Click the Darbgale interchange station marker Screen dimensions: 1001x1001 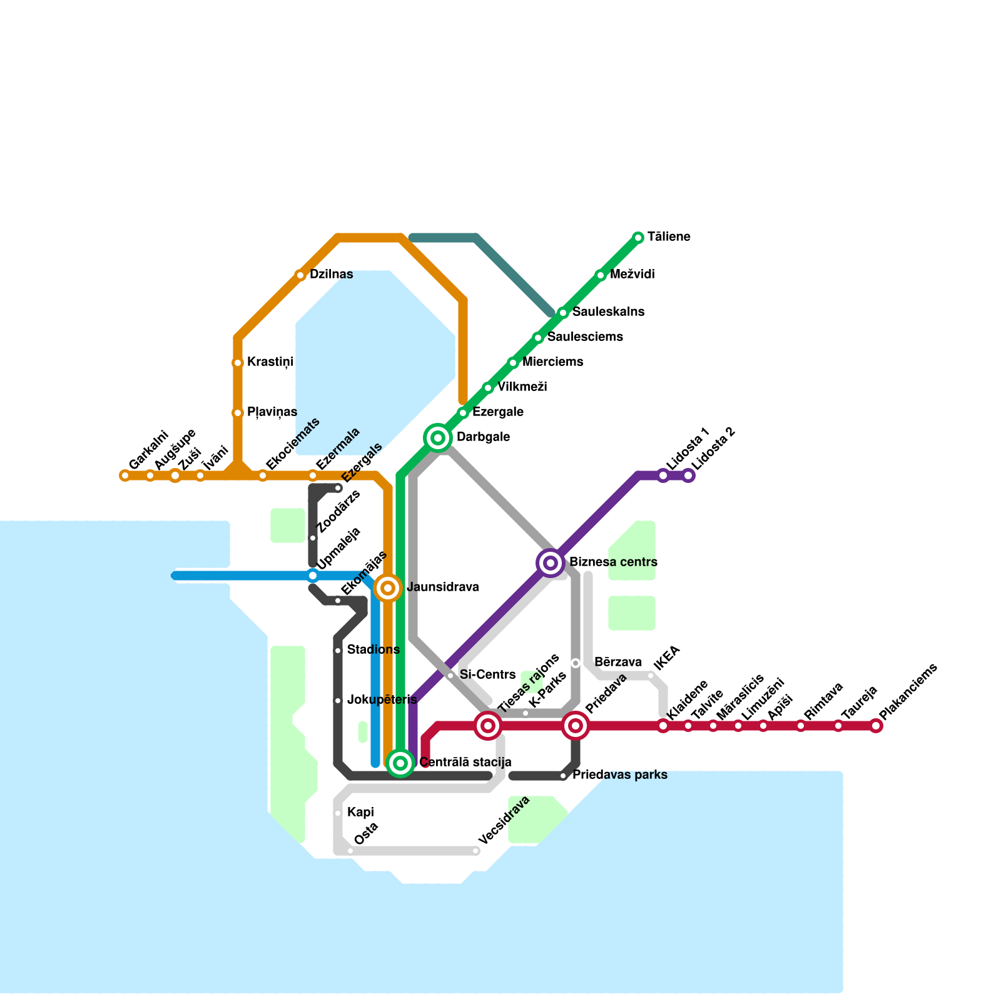pyautogui.click(x=438, y=437)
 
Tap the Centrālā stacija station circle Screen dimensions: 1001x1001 pyautogui.click(x=400, y=763)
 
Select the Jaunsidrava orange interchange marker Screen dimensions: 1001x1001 pyautogui.click(x=388, y=588)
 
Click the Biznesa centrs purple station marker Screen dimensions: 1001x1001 pyautogui.click(x=551, y=563)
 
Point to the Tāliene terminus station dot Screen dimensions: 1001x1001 pyautogui.click(x=638, y=237)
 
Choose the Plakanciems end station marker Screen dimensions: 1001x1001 pyautogui.click(x=876, y=726)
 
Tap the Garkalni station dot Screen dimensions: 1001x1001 pyautogui.click(x=124, y=475)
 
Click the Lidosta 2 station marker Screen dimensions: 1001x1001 pyautogui.click(x=688, y=475)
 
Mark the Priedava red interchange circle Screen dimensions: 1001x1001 pyautogui.click(x=576, y=726)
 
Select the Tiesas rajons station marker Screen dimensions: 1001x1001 pyautogui.click(x=488, y=726)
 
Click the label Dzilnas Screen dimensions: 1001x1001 pyautogui.click(x=331, y=275)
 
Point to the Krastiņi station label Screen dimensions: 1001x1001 pyautogui.click(x=270, y=362)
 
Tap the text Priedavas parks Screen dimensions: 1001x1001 pyautogui.click(x=619, y=775)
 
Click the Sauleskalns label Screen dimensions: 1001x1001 pyautogui.click(x=607, y=312)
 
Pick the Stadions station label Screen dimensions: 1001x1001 pyautogui.click(x=373, y=650)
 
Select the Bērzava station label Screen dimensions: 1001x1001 pyautogui.click(x=617, y=663)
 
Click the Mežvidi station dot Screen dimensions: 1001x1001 pyautogui.click(x=601, y=275)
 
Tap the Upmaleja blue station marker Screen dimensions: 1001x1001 pyautogui.click(x=313, y=576)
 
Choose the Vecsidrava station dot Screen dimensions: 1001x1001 pyautogui.click(x=475, y=851)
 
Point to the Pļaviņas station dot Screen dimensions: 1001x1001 pyautogui.click(x=238, y=412)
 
